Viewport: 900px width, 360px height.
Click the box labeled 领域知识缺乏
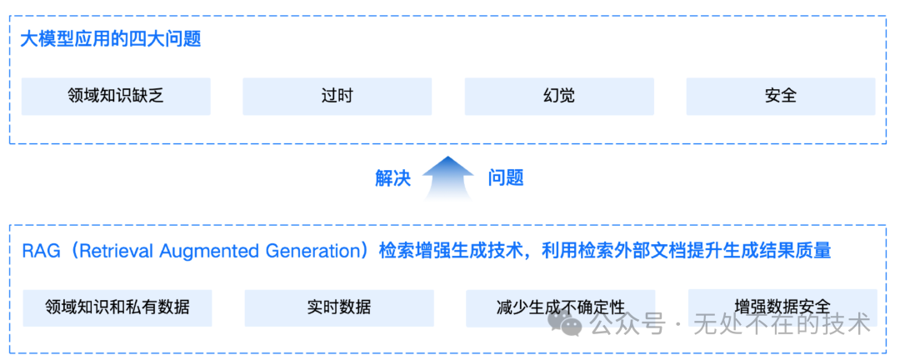(116, 96)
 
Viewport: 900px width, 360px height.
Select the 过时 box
(337, 96)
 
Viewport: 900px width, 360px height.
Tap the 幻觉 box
(558, 96)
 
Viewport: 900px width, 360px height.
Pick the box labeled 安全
(780, 96)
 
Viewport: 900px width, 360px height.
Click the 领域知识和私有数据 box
(117, 307)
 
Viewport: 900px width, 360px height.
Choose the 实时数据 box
(339, 307)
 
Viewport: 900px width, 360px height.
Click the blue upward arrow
(448, 177)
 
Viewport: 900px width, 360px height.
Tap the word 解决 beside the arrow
(393, 177)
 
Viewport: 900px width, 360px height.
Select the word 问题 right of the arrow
(505, 177)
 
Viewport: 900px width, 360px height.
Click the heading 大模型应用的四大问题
(111, 39)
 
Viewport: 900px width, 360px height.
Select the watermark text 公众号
(627, 324)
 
